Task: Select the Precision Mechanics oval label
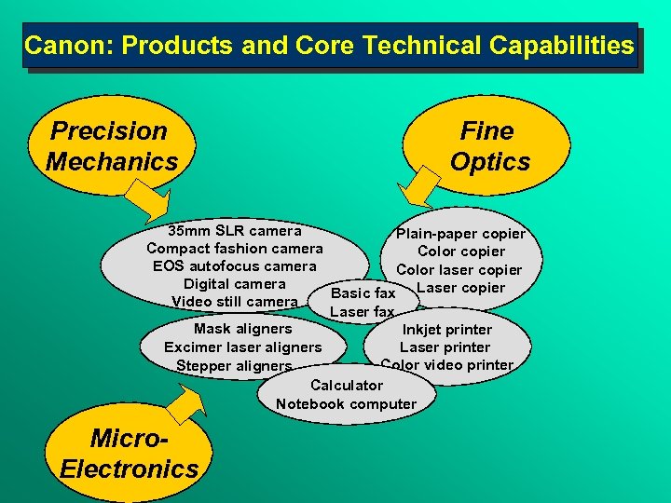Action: point(111,146)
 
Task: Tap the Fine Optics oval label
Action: point(488,146)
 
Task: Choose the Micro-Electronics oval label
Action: point(129,454)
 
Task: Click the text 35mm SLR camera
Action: point(234,230)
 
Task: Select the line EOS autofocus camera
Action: point(234,266)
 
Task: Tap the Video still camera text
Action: point(234,302)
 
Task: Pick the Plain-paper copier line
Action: point(460,234)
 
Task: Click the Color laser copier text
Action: point(459,270)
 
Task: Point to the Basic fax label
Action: point(363,293)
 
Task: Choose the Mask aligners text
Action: point(242,329)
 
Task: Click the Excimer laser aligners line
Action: point(242,347)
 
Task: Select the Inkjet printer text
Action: point(446,329)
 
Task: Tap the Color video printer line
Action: point(446,365)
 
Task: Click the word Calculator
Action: point(346,385)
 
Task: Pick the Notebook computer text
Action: point(346,403)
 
